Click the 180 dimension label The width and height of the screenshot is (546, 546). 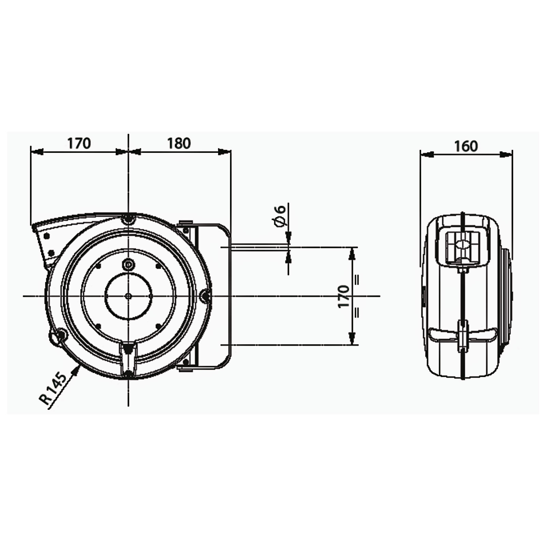pyautogui.click(x=179, y=143)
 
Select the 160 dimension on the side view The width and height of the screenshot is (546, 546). pyautogui.click(x=466, y=146)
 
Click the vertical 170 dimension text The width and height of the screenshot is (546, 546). pyautogui.click(x=344, y=296)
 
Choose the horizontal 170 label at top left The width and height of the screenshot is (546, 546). pyautogui.click(x=79, y=143)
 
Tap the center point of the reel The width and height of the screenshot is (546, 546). pyautogui.click(x=128, y=296)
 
